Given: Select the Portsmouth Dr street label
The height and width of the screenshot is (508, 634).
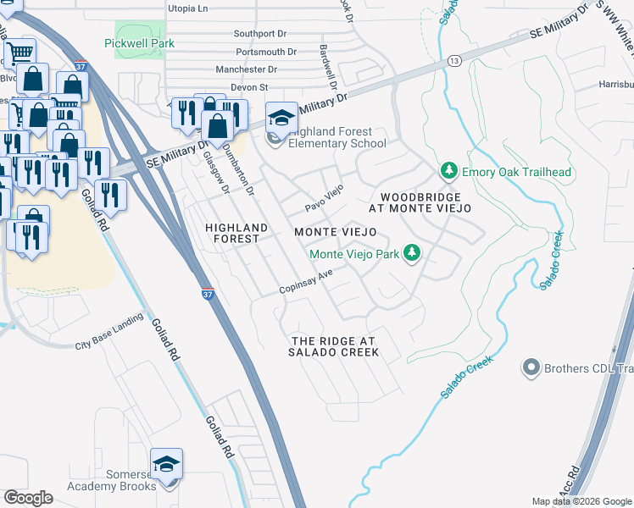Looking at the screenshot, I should [x=267, y=52].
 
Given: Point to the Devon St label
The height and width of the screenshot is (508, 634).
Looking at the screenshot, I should [x=250, y=86].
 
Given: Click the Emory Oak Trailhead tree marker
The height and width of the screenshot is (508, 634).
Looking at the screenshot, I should [x=450, y=172].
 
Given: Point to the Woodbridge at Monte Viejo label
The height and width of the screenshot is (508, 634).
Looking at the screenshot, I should [x=420, y=202].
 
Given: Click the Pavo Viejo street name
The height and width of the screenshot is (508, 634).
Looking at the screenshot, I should [x=324, y=198].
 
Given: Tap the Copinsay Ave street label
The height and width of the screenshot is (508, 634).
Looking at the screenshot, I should [x=310, y=284].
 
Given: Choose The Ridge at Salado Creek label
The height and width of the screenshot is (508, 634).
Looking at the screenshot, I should [x=334, y=346].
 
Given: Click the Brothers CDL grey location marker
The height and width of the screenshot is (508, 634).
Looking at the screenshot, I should [x=531, y=367].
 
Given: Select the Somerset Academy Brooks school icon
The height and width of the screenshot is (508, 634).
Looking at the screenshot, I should [x=166, y=464].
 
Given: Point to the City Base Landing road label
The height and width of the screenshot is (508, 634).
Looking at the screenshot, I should [x=107, y=345].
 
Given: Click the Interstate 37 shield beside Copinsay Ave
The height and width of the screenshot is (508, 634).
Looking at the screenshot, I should [x=209, y=295].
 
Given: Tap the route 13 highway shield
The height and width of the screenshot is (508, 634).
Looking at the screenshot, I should [x=455, y=60].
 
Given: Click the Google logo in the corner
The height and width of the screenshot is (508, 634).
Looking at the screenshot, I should [x=28, y=498].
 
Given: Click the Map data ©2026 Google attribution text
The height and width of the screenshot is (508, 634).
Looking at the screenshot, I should [x=581, y=501].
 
